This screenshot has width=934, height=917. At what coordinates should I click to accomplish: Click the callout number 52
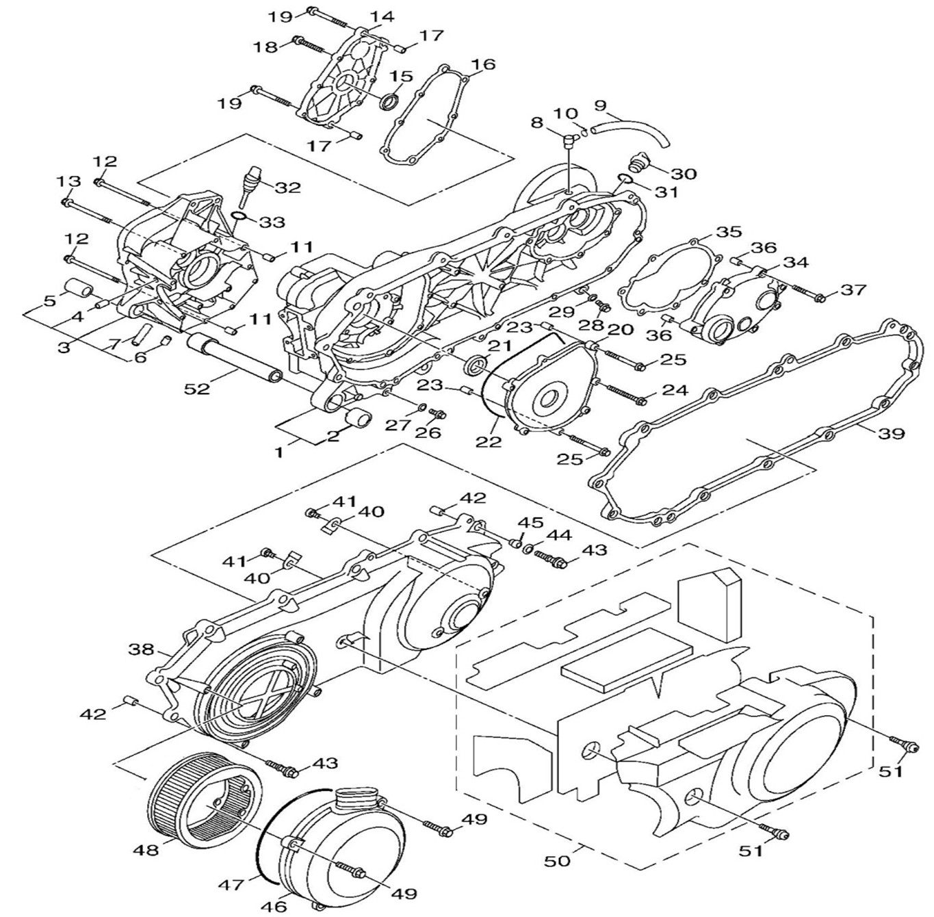(197, 388)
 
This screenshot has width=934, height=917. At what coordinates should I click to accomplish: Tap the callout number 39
(891, 432)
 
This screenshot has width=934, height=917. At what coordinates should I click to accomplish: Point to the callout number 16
(483, 64)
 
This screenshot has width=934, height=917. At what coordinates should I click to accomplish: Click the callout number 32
(287, 188)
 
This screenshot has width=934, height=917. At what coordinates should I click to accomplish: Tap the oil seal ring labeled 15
(389, 103)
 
